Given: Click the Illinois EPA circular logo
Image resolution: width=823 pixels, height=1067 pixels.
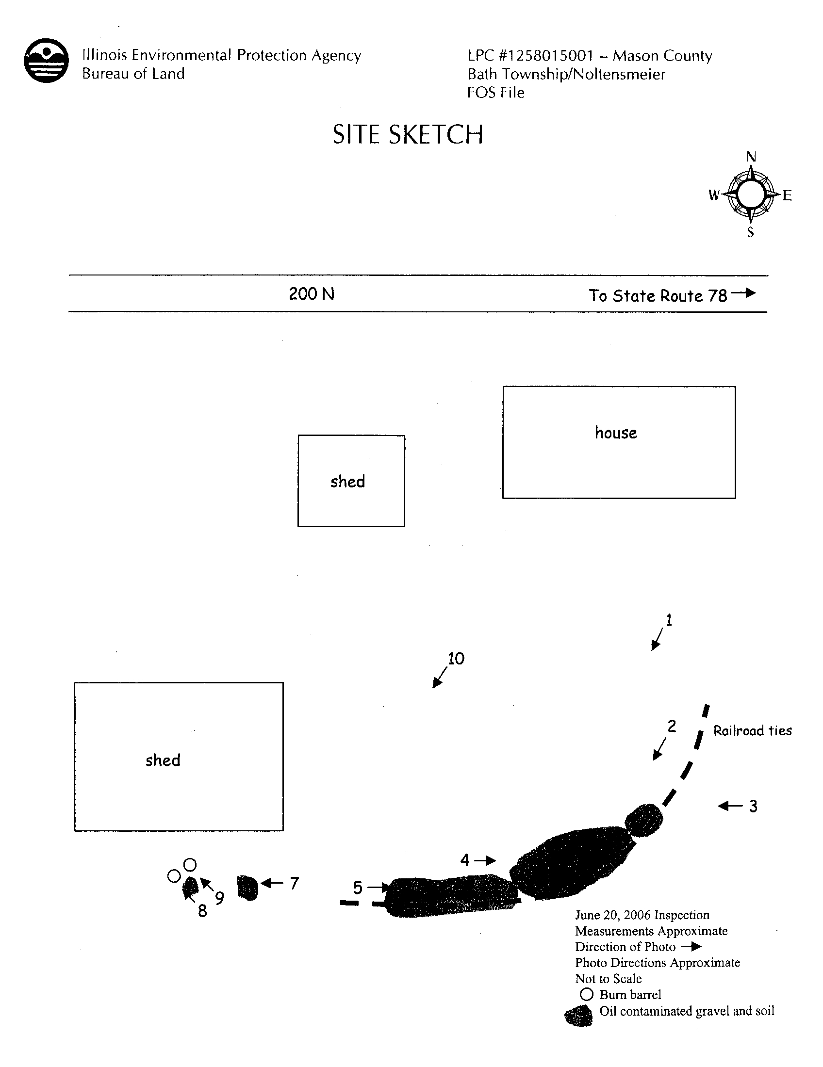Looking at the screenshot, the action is pyautogui.click(x=47, y=61).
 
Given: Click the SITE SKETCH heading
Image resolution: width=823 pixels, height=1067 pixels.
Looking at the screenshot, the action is pyautogui.click(x=408, y=134).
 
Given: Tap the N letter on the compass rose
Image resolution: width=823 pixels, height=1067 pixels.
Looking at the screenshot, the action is pyautogui.click(x=751, y=157).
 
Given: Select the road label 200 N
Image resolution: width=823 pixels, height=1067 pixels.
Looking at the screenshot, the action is pyautogui.click(x=312, y=293).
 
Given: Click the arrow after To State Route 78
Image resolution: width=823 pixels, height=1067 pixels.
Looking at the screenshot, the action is pyautogui.click(x=743, y=293).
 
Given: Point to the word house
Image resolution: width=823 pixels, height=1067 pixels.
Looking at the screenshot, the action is pyautogui.click(x=616, y=433).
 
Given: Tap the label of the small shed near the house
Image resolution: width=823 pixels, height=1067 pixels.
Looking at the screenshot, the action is pyautogui.click(x=347, y=481).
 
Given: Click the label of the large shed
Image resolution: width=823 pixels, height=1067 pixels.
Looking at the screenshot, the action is pyautogui.click(x=163, y=760).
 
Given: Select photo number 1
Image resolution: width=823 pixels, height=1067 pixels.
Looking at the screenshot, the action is pyautogui.click(x=669, y=620).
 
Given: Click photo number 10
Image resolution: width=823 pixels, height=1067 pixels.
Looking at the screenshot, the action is pyautogui.click(x=456, y=659).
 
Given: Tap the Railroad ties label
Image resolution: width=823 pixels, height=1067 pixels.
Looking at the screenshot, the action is pyautogui.click(x=753, y=731).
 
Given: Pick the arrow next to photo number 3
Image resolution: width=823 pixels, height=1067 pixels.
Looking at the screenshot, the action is pyautogui.click(x=730, y=806).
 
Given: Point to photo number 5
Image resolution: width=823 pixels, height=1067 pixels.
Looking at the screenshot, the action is pyautogui.click(x=358, y=888).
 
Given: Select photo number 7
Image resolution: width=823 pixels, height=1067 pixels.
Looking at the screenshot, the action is pyautogui.click(x=294, y=883).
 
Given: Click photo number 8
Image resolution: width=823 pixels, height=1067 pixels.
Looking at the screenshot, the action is pyautogui.click(x=202, y=911).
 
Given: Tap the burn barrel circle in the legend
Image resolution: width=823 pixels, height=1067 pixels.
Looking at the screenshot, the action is pyautogui.click(x=587, y=994).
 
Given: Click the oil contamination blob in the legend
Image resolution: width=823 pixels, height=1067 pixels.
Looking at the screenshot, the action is pyautogui.click(x=578, y=1016).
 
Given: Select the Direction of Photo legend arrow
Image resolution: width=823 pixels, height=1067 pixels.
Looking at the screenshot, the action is pyautogui.click(x=691, y=947).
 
